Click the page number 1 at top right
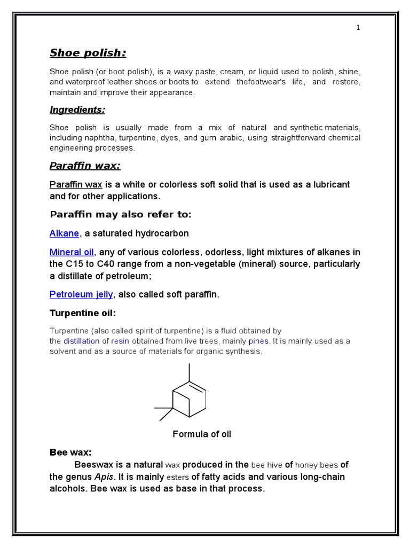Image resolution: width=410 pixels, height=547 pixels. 358,28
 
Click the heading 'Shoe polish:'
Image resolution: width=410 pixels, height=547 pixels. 88,53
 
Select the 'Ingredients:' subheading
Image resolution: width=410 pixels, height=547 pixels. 77,110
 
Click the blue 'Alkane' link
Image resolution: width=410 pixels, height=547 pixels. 64,233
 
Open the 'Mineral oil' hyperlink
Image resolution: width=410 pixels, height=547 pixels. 72,252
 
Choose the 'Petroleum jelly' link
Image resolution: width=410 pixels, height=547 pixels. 81,294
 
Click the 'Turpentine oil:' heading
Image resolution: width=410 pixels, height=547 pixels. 82,312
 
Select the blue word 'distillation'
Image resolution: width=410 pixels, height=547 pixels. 81,341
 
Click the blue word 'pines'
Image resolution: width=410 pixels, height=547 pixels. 259,341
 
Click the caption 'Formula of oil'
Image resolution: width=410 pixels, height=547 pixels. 202,434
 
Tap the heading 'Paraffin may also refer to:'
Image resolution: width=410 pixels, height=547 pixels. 120,215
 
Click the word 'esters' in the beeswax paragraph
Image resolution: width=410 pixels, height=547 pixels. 178,477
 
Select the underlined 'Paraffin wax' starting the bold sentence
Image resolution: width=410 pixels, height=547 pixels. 76,184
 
